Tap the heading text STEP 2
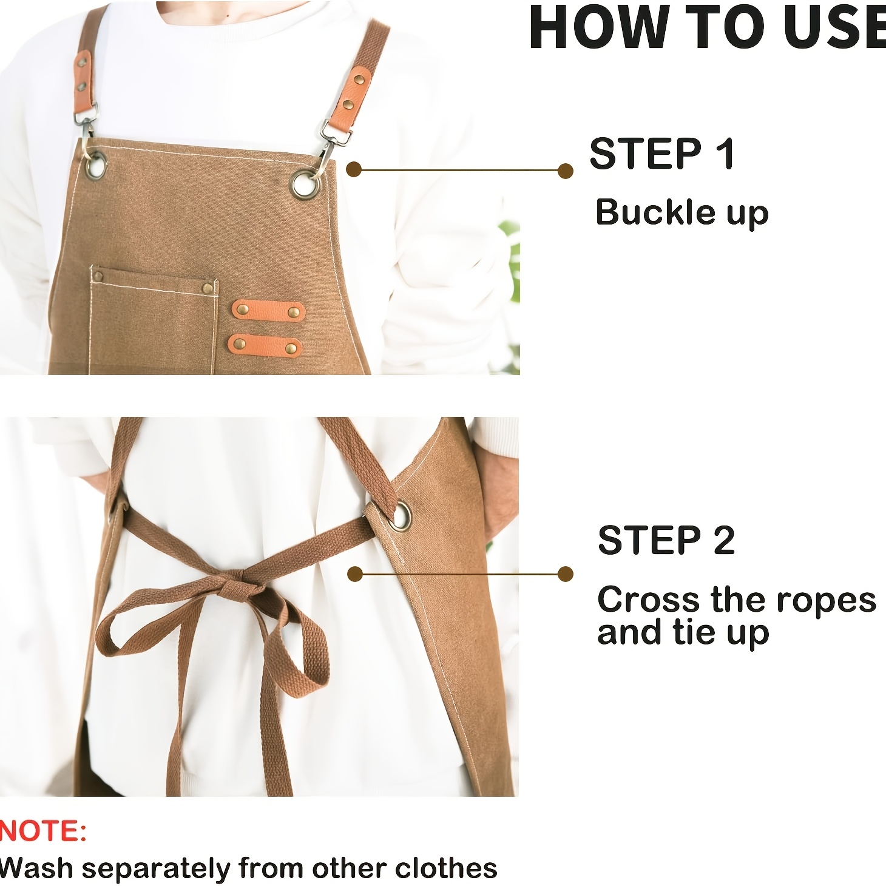666,539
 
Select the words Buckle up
682,213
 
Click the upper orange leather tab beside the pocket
268,311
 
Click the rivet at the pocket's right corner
208,288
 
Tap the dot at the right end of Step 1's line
565,171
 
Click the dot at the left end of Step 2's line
354,574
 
